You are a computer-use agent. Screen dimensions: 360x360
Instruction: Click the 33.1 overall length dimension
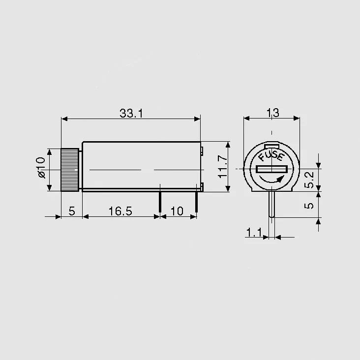131,114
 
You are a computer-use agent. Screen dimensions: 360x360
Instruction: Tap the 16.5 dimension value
120,211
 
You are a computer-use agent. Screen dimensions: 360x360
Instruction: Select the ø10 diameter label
41,168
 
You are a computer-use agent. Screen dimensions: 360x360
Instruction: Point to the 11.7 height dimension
222,167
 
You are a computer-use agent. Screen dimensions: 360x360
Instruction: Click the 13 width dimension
273,113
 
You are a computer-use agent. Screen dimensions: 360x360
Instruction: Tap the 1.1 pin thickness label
254,232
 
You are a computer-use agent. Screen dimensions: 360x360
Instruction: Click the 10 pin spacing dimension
177,211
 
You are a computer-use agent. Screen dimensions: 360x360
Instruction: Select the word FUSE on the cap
271,156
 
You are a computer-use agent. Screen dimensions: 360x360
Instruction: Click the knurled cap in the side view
70,170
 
